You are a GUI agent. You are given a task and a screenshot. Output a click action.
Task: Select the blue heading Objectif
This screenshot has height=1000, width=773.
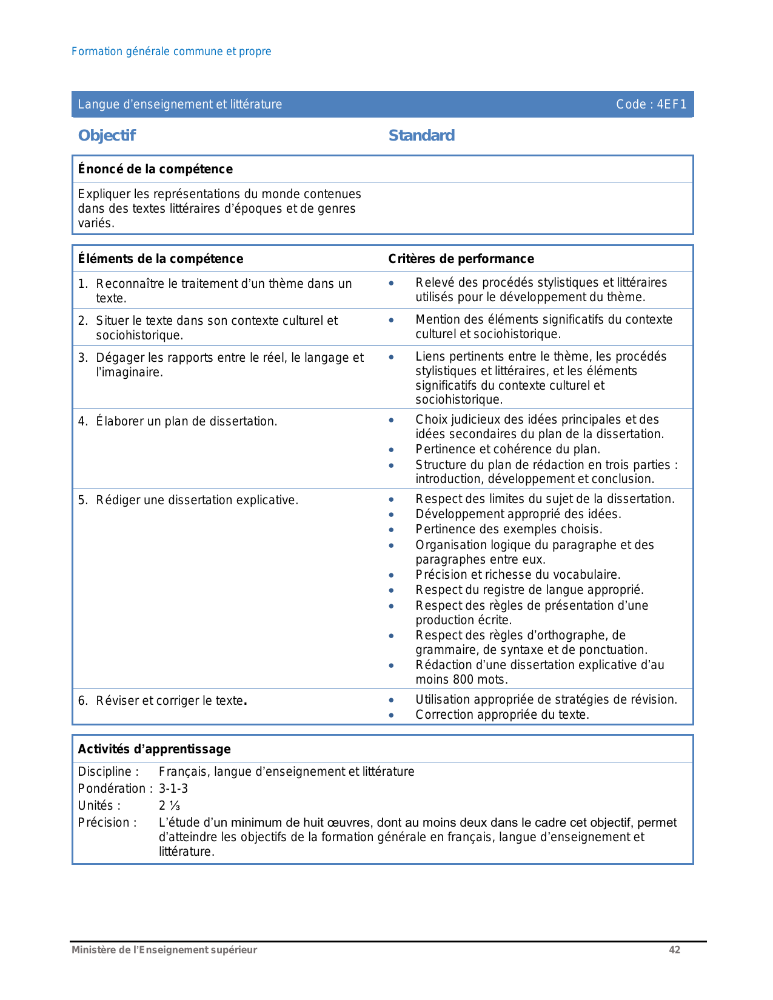pyautogui.click(x=107, y=135)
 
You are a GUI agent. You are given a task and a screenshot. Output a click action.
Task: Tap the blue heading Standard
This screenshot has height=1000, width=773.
pyautogui.click(x=421, y=135)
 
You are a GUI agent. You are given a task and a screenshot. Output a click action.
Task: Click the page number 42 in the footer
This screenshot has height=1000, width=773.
pyautogui.click(x=674, y=950)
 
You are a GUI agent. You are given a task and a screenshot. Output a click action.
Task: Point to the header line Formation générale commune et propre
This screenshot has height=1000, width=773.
pyautogui.click(x=171, y=52)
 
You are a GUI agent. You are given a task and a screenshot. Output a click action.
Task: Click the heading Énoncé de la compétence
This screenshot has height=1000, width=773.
pyautogui.click(x=155, y=169)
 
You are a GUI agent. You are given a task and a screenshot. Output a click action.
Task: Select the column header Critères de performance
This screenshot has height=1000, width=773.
pyautogui.click(x=461, y=259)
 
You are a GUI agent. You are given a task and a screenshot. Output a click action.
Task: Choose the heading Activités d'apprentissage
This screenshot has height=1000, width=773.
pyautogui.click(x=154, y=749)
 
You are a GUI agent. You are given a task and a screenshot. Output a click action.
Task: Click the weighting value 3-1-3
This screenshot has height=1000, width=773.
pyautogui.click(x=173, y=788)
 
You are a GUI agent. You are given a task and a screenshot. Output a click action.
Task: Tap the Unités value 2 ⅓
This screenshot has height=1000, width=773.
pyautogui.click(x=169, y=805)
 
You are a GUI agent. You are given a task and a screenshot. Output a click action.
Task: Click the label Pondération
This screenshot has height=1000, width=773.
pyautogui.click(x=112, y=788)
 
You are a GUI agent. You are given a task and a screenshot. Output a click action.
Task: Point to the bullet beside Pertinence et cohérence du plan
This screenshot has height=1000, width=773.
pyautogui.click(x=391, y=450)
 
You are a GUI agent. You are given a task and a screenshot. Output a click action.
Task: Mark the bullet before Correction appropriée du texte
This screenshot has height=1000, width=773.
pyautogui.click(x=391, y=715)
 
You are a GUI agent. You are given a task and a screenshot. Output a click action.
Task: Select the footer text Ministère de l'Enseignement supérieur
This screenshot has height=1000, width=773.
pyautogui.click(x=164, y=950)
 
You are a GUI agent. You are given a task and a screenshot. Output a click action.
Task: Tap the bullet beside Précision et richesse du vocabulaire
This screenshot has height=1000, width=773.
pyautogui.click(x=391, y=575)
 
